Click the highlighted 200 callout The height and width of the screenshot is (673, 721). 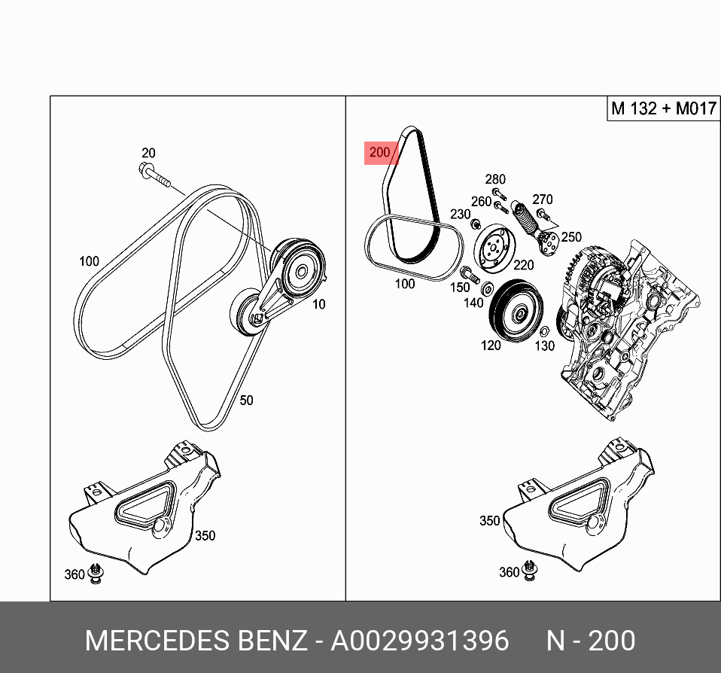click(x=379, y=153)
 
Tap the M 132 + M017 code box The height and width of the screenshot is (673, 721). click(x=662, y=108)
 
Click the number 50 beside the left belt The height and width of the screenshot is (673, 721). click(x=246, y=400)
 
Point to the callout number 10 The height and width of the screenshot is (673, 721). click(x=319, y=304)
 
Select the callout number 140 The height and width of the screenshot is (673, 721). click(x=473, y=302)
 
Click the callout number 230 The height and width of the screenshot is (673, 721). click(x=461, y=214)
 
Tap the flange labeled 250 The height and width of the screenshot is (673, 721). click(x=547, y=242)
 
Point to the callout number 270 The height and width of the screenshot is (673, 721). click(x=542, y=199)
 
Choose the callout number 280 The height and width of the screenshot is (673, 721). click(x=495, y=179)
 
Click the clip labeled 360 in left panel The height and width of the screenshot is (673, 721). click(x=96, y=573)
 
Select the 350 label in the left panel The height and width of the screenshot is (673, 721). click(x=205, y=535)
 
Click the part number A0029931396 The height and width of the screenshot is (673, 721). click(x=420, y=641)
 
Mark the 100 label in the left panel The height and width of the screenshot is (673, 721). click(x=89, y=261)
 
